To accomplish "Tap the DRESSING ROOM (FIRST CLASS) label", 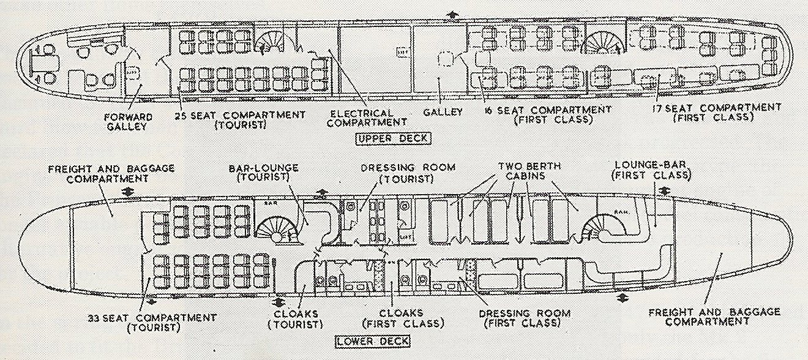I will click(x=525, y=318).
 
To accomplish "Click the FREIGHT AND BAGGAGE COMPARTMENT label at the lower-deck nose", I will click(x=714, y=316).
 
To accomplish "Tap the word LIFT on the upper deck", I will click(x=402, y=51).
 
